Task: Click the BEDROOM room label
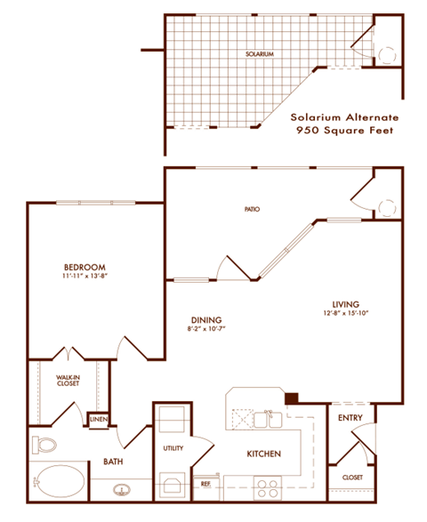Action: (x=85, y=267)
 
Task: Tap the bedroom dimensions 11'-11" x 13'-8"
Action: (x=85, y=277)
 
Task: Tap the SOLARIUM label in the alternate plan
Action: (x=260, y=54)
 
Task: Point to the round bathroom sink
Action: (x=123, y=487)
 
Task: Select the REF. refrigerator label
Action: (x=205, y=484)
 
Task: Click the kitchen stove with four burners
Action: (x=266, y=486)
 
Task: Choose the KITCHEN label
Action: (x=264, y=454)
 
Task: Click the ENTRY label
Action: (x=348, y=417)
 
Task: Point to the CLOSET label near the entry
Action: (x=353, y=478)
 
